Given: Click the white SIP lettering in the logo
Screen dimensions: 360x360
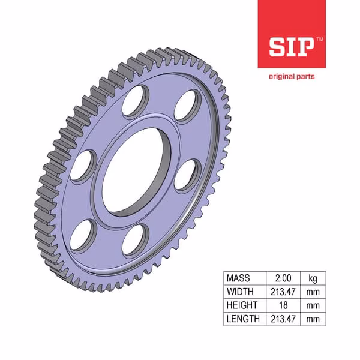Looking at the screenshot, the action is coord(292,47).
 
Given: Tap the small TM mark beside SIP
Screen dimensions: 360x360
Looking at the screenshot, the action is coord(320,39).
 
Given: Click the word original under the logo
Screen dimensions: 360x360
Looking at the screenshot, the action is coord(281,76).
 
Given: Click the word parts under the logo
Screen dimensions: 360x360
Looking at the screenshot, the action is coord(305,77).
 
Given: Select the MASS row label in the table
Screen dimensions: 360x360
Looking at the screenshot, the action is coord(238,278).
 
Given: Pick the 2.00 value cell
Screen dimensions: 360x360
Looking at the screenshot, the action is coord(283,278).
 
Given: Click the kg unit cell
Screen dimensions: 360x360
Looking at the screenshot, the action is coord(313,278).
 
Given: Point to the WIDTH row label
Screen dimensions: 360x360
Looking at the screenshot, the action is coord(240,292).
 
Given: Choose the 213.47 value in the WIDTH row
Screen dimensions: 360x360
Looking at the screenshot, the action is coord(283,292).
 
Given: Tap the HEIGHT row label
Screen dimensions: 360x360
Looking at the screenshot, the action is coord(242,305).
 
